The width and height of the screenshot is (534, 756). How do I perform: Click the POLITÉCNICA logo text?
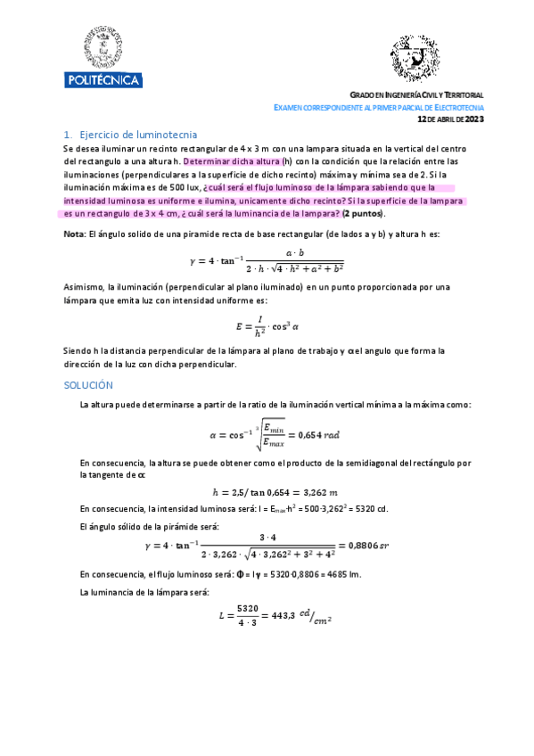point(103,80)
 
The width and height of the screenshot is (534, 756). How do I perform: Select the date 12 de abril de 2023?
point(450,118)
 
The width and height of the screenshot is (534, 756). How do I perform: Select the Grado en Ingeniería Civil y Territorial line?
point(416,95)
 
